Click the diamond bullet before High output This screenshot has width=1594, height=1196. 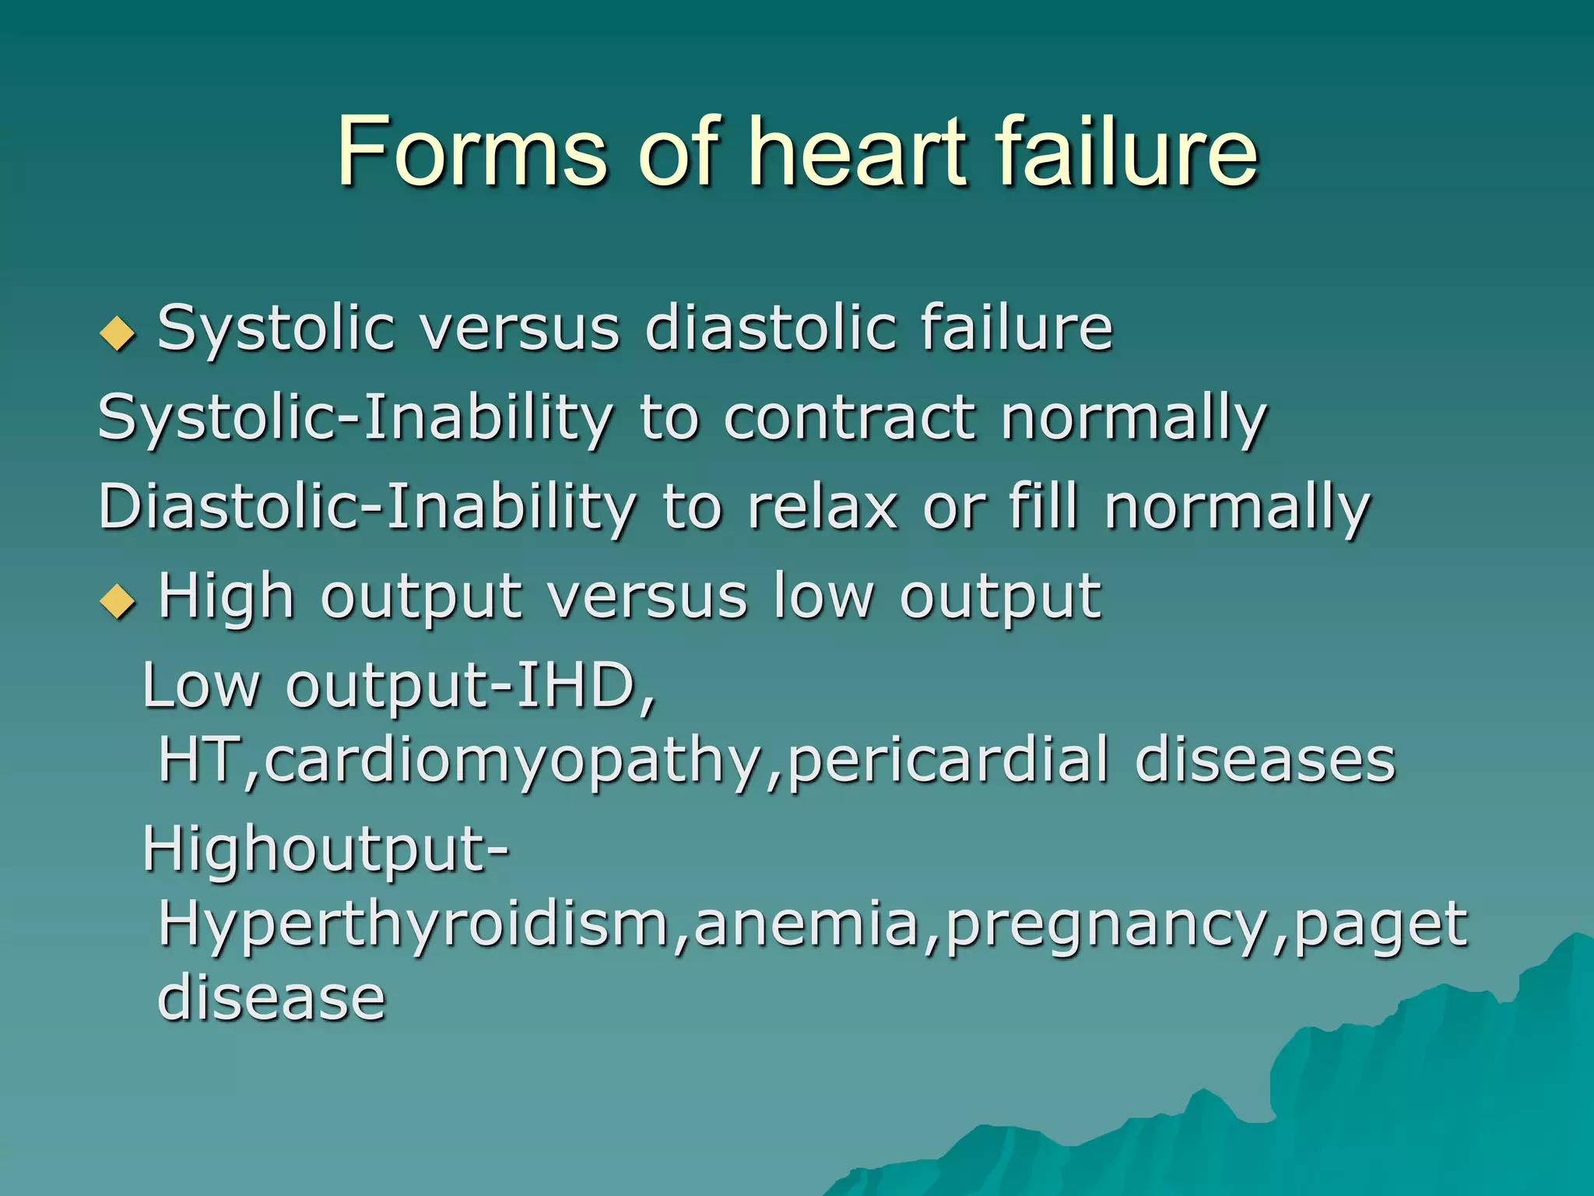coord(118,601)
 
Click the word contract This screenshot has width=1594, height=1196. coord(849,418)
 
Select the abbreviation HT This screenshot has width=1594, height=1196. coord(201,761)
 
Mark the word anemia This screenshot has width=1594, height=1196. coord(806,924)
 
